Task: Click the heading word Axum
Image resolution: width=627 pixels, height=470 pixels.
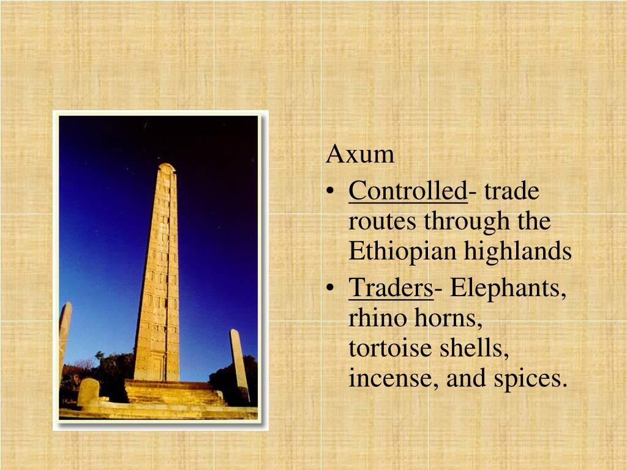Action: (360, 154)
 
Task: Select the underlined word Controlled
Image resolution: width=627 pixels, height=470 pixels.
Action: (408, 191)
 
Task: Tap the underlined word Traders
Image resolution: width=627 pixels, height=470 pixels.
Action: (391, 288)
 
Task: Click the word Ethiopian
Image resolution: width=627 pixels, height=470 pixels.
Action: (402, 252)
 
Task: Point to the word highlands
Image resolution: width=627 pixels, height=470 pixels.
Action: (518, 251)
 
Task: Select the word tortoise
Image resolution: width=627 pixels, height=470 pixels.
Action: (390, 348)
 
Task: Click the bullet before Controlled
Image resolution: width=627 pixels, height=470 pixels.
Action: (330, 192)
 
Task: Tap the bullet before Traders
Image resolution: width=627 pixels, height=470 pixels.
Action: (330, 288)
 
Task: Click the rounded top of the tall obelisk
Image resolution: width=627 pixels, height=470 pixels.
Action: (167, 166)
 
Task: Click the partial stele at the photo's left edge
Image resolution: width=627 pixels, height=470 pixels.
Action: (65, 340)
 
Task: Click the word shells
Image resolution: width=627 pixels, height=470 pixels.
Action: (474, 348)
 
